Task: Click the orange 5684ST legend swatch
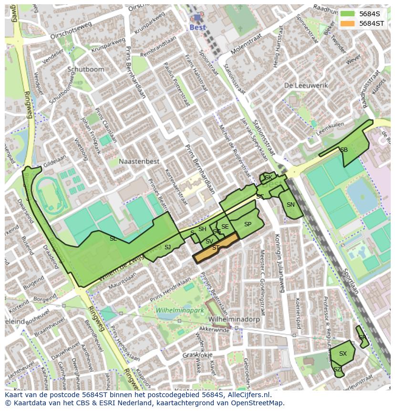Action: coord(348,23)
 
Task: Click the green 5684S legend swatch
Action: coord(348,14)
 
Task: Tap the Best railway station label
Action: coord(197,27)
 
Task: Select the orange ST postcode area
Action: coord(216,248)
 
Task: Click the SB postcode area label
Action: coord(344,150)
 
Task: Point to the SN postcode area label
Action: coord(291,205)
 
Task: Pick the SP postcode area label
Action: coord(248,224)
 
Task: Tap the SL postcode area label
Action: coord(113,238)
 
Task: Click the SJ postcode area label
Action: coord(167,247)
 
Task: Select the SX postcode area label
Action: coord(343,354)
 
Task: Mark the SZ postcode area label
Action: coord(337,369)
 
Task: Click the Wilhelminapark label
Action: coord(180,310)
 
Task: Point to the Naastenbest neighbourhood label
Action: coord(139,161)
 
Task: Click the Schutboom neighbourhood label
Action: coord(85,69)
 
